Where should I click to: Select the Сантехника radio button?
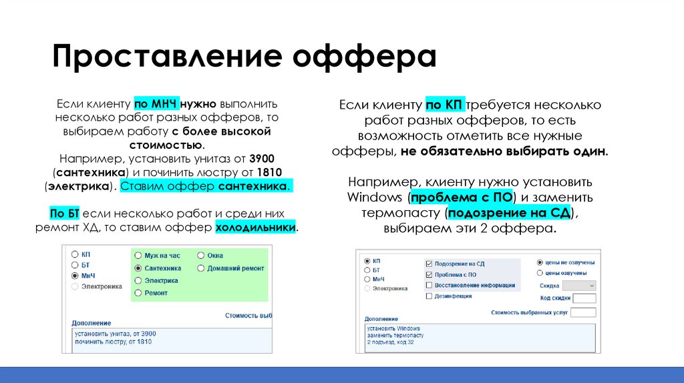click(138, 268)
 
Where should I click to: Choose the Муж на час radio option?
click(138, 256)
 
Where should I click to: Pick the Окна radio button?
click(201, 256)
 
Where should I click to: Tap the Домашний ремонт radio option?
click(201, 268)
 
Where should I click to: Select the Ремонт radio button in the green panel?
click(138, 293)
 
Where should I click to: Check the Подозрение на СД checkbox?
click(429, 264)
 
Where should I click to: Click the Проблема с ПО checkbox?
click(429, 274)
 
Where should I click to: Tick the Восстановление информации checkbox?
click(429, 285)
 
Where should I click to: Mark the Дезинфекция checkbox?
click(429, 296)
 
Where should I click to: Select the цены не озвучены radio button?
click(540, 262)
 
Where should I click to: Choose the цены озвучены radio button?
click(540, 273)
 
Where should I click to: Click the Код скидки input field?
click(584, 298)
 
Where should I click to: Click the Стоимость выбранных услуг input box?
click(583, 312)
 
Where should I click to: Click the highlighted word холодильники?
click(256, 228)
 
